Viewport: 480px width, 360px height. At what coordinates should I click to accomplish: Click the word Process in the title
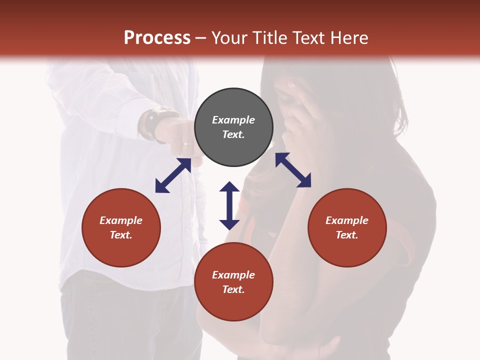click(157, 38)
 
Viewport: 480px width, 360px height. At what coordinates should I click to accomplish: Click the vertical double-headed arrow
click(229, 205)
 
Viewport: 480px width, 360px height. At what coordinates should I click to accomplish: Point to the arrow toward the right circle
click(293, 170)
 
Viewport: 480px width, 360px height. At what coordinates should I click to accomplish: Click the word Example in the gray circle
click(233, 120)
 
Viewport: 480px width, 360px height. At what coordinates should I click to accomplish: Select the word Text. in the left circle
click(121, 235)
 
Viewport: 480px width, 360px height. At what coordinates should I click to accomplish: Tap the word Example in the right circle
click(347, 220)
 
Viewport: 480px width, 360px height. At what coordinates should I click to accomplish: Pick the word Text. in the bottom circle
click(233, 289)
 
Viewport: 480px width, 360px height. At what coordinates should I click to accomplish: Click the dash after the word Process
click(200, 38)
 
